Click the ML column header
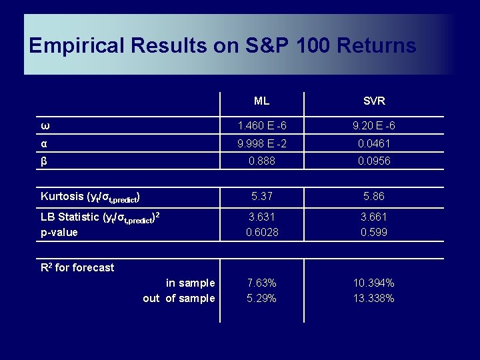pos(261,101)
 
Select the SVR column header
pos(374,101)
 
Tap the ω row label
pos(44,126)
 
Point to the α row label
pos(44,143)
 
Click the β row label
pos(44,161)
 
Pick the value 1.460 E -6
pos(261,126)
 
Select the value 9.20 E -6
pos(374,126)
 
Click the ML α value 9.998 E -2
pos(261,143)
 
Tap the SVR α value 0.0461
pos(374,143)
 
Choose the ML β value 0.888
pos(261,161)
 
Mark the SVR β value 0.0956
pos(374,161)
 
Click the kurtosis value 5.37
pos(261,197)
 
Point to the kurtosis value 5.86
pos(374,197)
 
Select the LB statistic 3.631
pos(261,217)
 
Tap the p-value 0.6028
pos(261,232)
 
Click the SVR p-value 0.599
pos(374,232)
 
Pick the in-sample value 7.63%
pos(261,283)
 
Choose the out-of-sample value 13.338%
pos(374,298)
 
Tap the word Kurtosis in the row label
pos(62,196)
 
